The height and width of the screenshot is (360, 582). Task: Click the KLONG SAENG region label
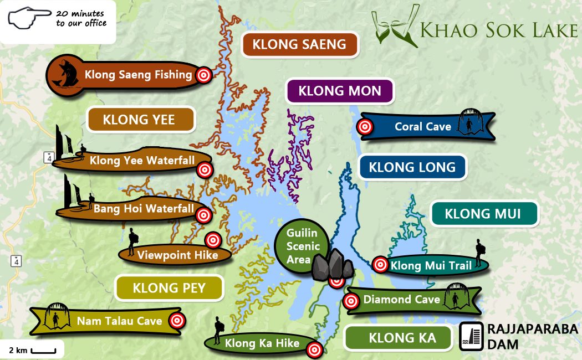(299, 45)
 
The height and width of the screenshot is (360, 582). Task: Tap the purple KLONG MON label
(340, 91)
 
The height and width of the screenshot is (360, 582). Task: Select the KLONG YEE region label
(139, 120)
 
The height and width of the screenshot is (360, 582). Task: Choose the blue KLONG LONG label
(412, 167)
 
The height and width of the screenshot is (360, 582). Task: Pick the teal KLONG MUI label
(483, 214)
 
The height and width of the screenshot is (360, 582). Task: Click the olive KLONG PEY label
(169, 288)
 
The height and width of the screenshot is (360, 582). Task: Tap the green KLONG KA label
(399, 337)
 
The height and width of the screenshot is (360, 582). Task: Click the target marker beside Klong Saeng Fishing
(204, 75)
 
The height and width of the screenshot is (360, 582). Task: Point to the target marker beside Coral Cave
(365, 127)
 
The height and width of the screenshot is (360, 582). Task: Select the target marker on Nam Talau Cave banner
(177, 320)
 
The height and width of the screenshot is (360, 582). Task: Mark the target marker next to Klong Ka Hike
(314, 349)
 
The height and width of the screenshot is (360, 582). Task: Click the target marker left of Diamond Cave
(350, 301)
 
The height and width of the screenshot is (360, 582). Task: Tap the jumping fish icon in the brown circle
(62, 75)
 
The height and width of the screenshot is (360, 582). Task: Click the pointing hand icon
(28, 18)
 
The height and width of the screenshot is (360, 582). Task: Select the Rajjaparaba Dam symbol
(471, 337)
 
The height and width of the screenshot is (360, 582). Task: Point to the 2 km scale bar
(43, 351)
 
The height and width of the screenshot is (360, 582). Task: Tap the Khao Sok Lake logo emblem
(395, 26)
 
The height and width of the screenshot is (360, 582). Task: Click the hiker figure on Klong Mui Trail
(479, 253)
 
